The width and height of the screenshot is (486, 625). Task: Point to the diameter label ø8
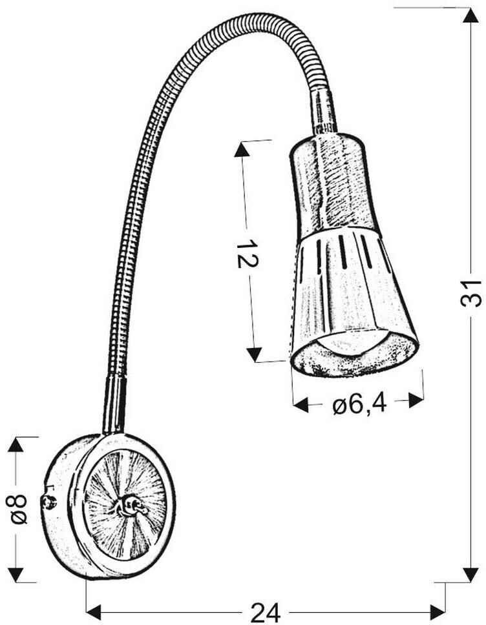coord(19,509)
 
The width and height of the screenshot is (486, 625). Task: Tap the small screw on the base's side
coord(47,502)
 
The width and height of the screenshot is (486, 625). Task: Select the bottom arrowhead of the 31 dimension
coord(470,575)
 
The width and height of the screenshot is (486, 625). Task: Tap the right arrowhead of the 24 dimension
coord(438,610)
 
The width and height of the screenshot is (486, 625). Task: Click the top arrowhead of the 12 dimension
coord(242,149)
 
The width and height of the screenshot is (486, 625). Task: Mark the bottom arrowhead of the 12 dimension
coord(255,354)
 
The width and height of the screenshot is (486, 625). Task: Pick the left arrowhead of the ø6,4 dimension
coord(301,404)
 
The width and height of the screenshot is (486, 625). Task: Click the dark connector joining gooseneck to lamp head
coord(324,113)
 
